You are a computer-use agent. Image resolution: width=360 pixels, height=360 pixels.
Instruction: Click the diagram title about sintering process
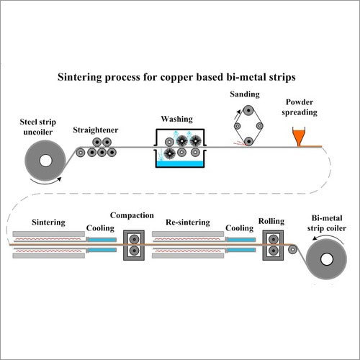(180, 76)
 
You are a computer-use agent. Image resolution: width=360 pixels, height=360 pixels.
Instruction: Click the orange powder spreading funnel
(299, 136)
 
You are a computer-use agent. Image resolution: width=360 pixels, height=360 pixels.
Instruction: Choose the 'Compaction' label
(132, 215)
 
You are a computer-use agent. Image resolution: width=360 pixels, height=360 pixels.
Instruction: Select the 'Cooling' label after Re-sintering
(238, 228)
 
